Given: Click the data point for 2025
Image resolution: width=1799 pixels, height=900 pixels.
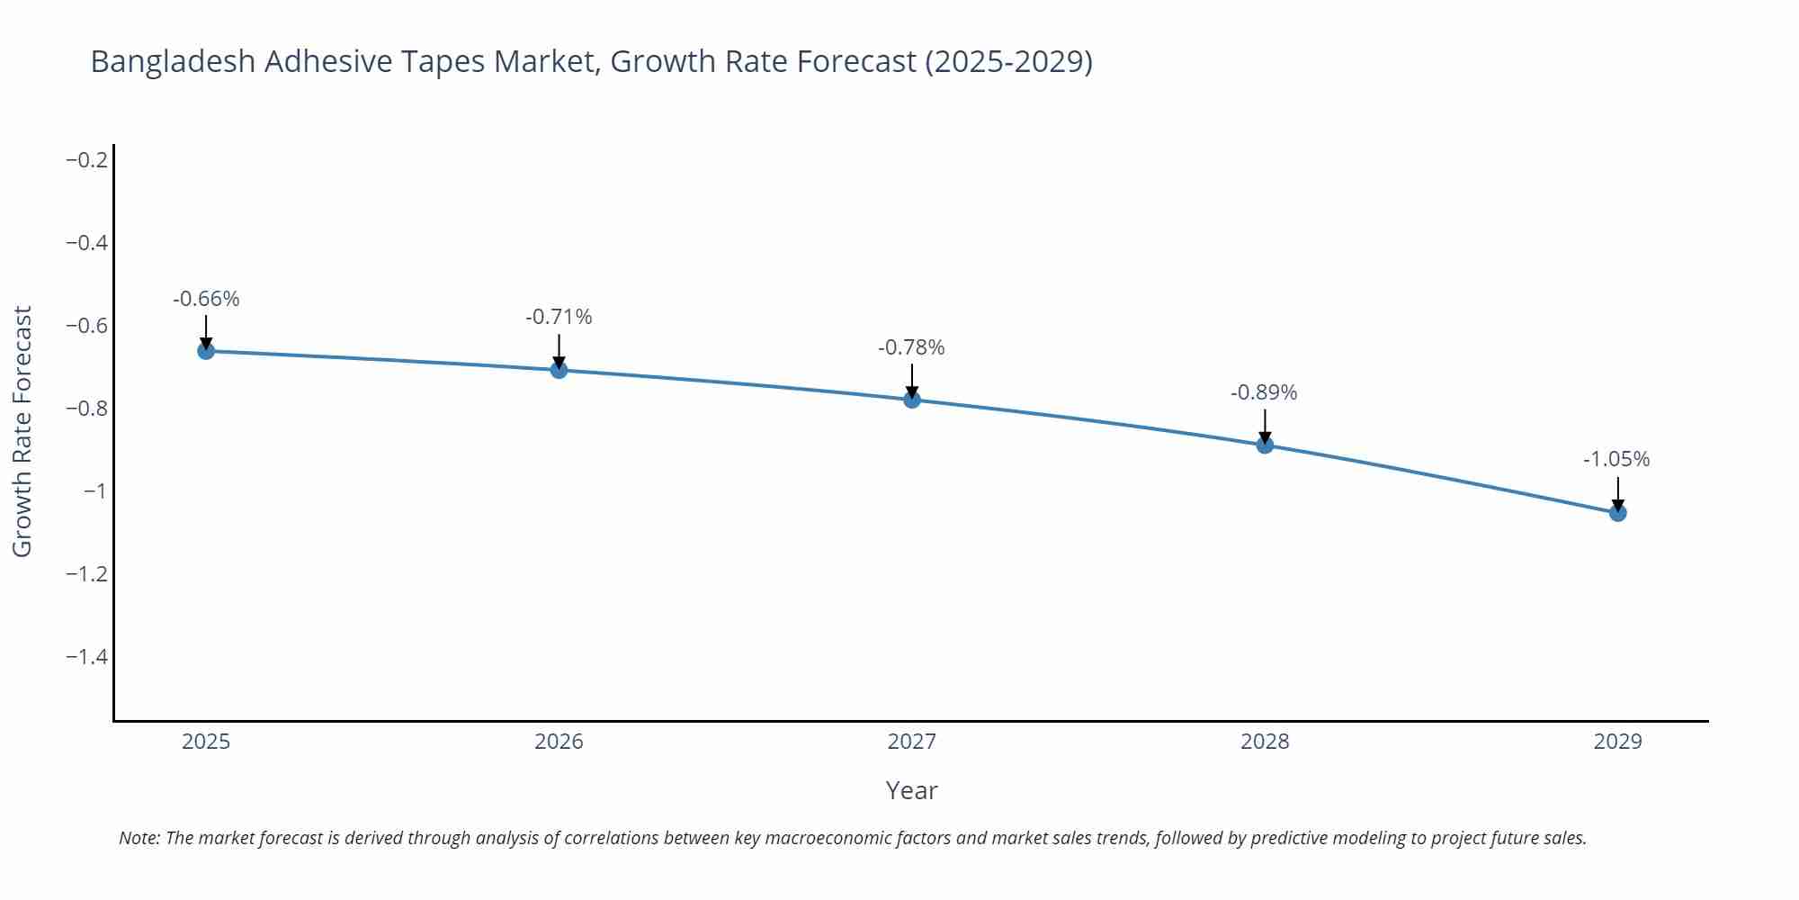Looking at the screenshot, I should (206, 351).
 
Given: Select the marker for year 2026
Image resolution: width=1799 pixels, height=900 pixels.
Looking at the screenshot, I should (559, 369).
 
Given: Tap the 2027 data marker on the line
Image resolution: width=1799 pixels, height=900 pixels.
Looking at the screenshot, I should (912, 400).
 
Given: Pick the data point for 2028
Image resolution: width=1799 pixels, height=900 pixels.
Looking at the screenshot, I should (1265, 445).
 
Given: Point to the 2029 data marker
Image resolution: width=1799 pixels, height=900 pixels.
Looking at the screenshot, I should (1617, 513).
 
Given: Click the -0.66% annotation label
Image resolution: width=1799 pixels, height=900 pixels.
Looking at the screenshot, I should (206, 299).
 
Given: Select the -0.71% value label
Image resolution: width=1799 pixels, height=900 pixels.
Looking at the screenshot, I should (559, 317).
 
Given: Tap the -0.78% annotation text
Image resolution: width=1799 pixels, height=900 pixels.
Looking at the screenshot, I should (911, 347).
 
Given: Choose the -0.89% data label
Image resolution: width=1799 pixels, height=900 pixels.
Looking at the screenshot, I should (1264, 392).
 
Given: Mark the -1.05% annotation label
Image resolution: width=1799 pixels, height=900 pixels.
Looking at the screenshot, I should (1616, 459).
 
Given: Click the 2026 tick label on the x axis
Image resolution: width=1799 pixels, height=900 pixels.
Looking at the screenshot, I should (559, 742).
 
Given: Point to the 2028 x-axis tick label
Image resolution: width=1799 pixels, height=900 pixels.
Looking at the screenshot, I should (1265, 742).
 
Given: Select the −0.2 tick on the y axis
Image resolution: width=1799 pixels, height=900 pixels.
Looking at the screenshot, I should (87, 160).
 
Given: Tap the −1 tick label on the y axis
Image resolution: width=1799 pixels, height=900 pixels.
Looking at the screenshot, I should (95, 491).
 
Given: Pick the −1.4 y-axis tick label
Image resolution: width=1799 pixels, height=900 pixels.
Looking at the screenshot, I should (87, 657).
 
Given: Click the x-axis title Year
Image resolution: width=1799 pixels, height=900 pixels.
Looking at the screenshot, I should (911, 790).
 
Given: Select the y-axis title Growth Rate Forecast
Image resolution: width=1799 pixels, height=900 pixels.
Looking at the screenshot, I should (22, 431).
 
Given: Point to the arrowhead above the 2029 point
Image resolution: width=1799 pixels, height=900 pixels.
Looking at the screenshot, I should (1617, 505).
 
